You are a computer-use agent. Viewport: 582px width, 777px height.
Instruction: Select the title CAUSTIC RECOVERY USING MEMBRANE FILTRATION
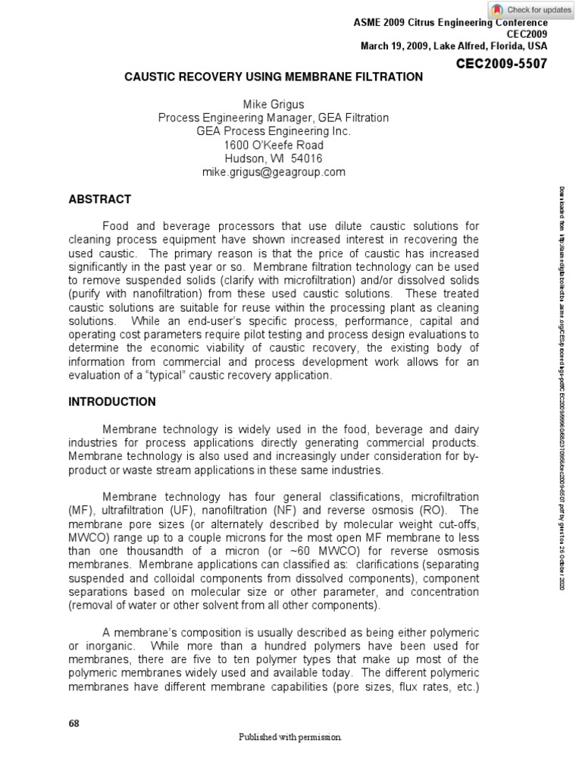point(274,77)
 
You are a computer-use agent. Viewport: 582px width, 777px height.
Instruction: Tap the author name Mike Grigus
point(273,104)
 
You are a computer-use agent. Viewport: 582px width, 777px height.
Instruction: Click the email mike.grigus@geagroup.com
point(273,172)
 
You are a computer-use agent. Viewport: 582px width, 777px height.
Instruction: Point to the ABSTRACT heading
point(99,200)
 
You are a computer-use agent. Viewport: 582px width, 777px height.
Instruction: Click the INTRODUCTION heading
point(112,401)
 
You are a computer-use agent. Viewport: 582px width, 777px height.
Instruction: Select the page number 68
point(74,723)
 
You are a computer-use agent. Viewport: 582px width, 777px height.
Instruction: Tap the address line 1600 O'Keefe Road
point(273,145)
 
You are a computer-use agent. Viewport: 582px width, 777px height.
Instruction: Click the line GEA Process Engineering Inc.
point(273,131)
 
